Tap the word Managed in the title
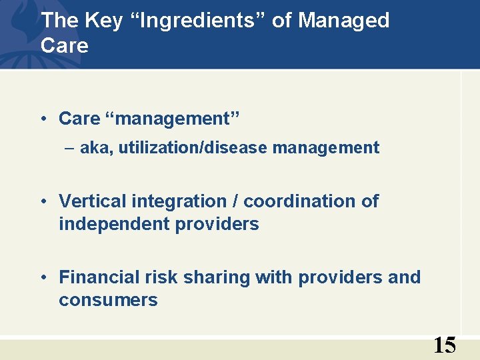pyautogui.click(x=344, y=21)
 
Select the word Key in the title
pyautogui.click(x=104, y=21)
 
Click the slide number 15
pyautogui.click(x=445, y=345)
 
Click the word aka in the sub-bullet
pyautogui.click(x=96, y=148)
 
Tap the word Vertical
pyautogui.click(x=91, y=201)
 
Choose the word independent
pyautogui.click(x=114, y=224)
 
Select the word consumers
pyautogui.click(x=108, y=300)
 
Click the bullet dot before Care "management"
pyautogui.click(x=43, y=119)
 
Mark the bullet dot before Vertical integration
pyautogui.click(x=43, y=202)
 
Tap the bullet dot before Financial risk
pyautogui.click(x=43, y=278)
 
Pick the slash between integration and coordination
pyautogui.click(x=237, y=201)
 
